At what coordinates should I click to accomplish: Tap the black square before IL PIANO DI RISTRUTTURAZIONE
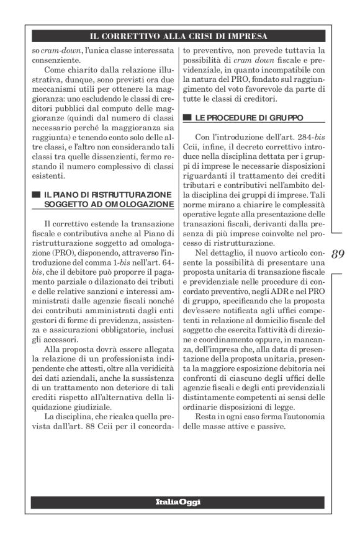(x=35, y=195)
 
